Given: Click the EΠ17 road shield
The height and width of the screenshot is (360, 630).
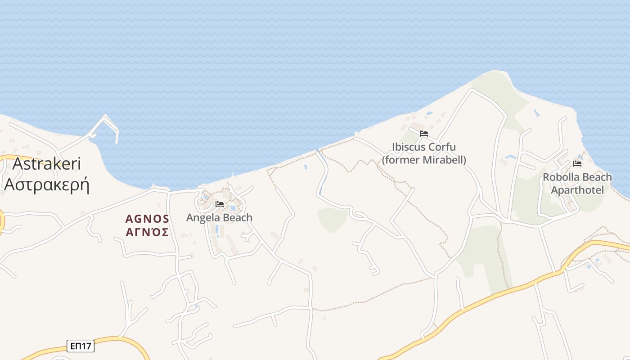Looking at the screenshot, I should pyautogui.click(x=81, y=346).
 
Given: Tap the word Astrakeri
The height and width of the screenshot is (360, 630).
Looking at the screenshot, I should pyautogui.click(x=47, y=164).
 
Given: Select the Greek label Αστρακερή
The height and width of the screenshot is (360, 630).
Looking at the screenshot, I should pyautogui.click(x=47, y=184).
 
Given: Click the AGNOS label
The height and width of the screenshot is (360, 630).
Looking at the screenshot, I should pyautogui.click(x=147, y=219).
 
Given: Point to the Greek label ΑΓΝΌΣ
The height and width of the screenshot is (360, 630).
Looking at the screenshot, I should pyautogui.click(x=147, y=233).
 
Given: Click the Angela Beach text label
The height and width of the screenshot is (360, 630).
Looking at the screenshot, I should pyautogui.click(x=219, y=218).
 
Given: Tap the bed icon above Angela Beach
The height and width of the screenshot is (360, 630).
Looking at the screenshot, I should pyautogui.click(x=220, y=204).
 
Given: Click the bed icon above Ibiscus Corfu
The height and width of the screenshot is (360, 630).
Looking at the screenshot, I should pyautogui.click(x=423, y=134).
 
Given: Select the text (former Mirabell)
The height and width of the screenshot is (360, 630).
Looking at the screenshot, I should pyautogui.click(x=424, y=160).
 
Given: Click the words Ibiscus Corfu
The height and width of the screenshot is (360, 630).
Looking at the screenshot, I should pyautogui.click(x=424, y=147).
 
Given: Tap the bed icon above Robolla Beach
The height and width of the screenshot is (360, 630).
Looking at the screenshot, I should pyautogui.click(x=577, y=164).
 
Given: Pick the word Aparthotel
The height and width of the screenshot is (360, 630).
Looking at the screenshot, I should pyautogui.click(x=577, y=190).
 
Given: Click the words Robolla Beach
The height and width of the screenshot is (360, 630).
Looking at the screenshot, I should pyautogui.click(x=577, y=177).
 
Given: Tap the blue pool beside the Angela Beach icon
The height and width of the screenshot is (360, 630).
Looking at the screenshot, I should pyautogui.click(x=233, y=208).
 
